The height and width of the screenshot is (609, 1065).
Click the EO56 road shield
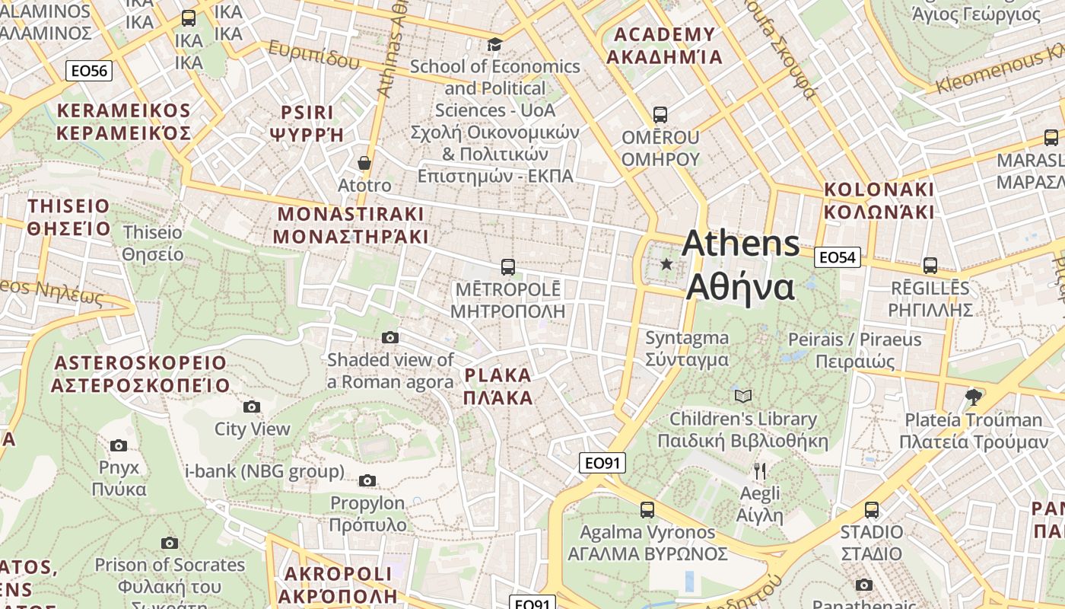[89, 71]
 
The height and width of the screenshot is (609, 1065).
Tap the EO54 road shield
[837, 257]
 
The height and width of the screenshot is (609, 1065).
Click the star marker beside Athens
[666, 264]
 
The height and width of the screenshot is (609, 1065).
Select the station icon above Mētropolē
[507, 267]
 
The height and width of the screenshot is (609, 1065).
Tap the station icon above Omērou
[660, 115]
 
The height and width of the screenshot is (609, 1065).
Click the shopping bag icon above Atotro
[364, 163]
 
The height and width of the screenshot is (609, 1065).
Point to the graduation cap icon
[494, 44]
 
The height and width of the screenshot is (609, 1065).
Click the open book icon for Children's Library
[742, 396]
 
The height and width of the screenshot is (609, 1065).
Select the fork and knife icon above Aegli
[759, 470]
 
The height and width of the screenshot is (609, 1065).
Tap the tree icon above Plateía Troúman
[972, 397]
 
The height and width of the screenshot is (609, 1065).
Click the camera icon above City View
[252, 407]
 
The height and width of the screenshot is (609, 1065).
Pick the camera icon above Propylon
[367, 480]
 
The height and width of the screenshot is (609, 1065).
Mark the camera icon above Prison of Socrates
[170, 543]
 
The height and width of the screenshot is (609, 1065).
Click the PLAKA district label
[498, 375]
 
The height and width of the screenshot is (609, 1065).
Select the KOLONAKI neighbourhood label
[879, 189]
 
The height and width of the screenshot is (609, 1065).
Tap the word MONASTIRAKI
[351, 214]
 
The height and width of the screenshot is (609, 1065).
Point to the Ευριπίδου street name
[313, 55]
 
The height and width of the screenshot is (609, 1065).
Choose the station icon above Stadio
[871, 509]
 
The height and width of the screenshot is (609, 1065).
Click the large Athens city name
[740, 244]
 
